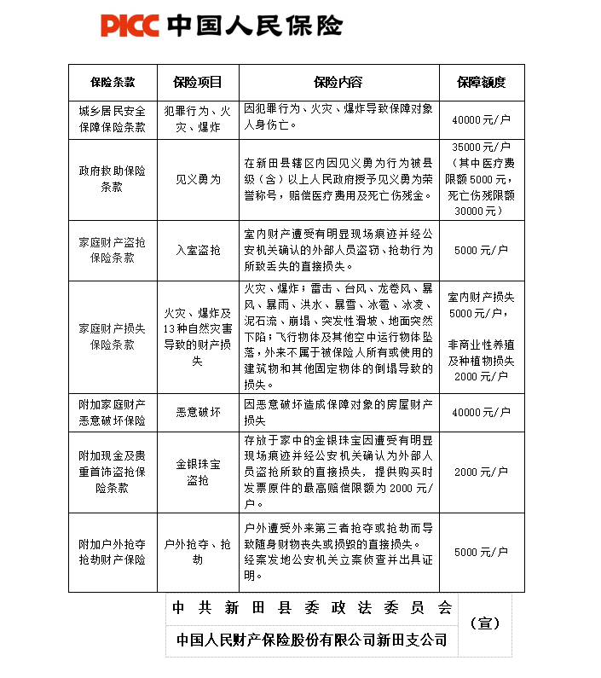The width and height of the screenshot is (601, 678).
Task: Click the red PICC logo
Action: [130, 25]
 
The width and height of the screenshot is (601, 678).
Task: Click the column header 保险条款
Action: [113, 83]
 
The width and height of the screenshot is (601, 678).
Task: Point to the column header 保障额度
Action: [481, 83]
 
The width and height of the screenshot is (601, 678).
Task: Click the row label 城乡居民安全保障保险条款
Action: [113, 119]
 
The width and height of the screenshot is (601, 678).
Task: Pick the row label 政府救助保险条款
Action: [113, 179]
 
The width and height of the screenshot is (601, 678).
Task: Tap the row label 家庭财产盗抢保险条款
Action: [113, 250]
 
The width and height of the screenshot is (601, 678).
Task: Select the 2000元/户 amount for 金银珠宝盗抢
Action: [481, 472]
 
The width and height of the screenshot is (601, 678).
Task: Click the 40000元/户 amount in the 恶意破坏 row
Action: [481, 413]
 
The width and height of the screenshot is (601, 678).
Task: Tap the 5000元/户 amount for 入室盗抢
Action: [481, 250]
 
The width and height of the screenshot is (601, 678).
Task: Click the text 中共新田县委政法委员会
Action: [311, 608]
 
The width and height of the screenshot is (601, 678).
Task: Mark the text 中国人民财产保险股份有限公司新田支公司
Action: [311, 640]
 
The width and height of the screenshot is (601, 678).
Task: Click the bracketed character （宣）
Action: [488, 623]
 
